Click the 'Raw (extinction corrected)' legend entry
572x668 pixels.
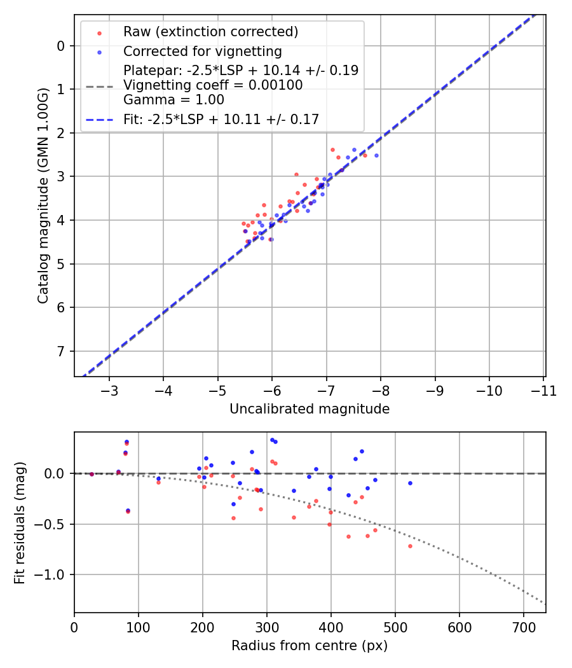[210, 32]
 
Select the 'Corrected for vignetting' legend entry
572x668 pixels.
[202, 51]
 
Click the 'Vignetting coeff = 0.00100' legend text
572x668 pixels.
[213, 85]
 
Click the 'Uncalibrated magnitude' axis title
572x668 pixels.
[310, 409]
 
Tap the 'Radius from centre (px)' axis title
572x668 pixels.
[310, 646]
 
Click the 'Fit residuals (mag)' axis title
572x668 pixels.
[20, 523]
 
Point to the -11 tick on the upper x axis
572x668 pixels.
[543, 391]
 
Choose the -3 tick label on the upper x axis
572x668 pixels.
[109, 391]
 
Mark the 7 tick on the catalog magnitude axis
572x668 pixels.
[61, 351]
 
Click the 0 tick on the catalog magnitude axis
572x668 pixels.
[61, 46]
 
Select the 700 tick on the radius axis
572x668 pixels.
[523, 627]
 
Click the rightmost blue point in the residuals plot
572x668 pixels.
[410, 483]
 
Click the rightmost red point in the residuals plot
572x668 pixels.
[410, 546]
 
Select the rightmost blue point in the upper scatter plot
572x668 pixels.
[376, 155]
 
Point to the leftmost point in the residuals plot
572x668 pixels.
[92, 474]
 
